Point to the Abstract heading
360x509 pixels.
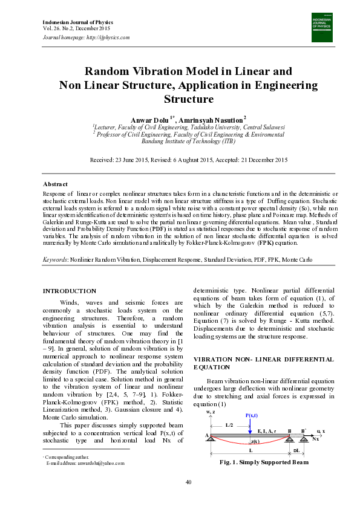coord(55,184)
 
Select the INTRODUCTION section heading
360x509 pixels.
coord(69,291)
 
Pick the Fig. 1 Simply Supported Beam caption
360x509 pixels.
coord(265,462)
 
